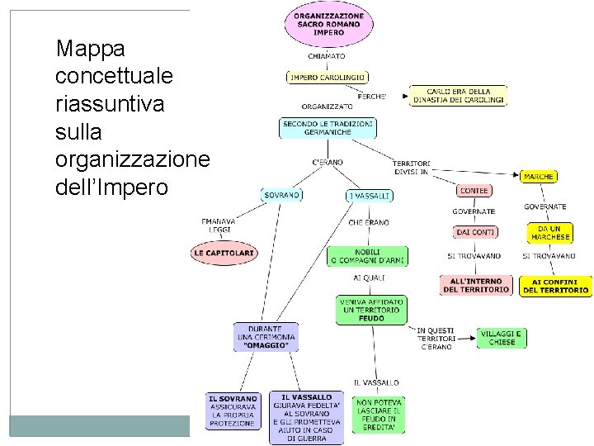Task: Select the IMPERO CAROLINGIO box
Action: coord(327,78)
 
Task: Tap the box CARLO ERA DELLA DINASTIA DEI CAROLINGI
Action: coord(459,96)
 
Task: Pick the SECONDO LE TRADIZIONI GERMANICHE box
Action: coord(327,128)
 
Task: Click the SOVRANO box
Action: coord(282,195)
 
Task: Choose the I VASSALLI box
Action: coord(369,196)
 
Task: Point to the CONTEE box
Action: coord(474,191)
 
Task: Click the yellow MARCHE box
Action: coord(539,176)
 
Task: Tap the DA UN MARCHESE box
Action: coord(550,232)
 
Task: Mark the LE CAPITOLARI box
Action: coord(224,252)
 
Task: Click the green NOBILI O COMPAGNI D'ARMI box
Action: coord(368,256)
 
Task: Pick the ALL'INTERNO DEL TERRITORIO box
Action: coord(476,286)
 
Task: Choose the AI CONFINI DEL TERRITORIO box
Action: coord(555,286)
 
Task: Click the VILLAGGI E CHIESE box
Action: coord(502,338)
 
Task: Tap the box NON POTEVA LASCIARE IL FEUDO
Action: coord(379,415)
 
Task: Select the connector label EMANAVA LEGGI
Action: coord(219,226)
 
